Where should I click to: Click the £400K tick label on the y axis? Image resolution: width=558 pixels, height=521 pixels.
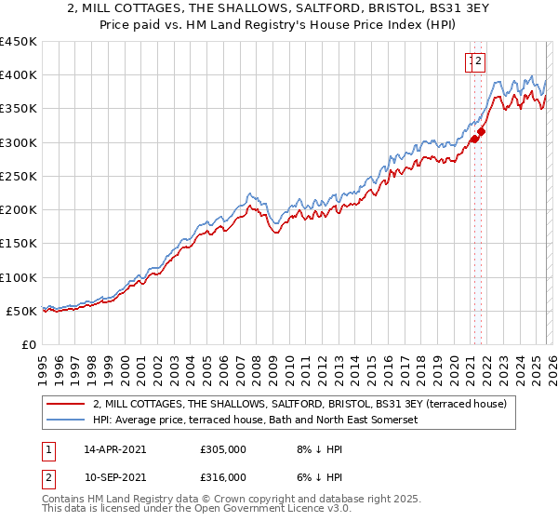click(19, 75)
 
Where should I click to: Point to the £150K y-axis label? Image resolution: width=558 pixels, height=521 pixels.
click(19, 244)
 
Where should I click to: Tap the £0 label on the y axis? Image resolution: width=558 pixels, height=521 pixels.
click(29, 345)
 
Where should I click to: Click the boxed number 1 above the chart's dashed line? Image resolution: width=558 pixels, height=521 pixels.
click(472, 62)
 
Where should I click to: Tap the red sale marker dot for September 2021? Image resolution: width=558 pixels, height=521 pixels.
click(481, 132)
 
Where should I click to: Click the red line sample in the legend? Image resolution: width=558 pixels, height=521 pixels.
click(66, 404)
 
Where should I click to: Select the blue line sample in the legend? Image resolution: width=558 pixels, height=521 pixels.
click(66, 421)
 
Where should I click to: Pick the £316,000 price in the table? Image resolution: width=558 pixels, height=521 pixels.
click(222, 476)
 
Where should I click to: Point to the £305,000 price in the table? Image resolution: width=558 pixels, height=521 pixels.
click(222, 449)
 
